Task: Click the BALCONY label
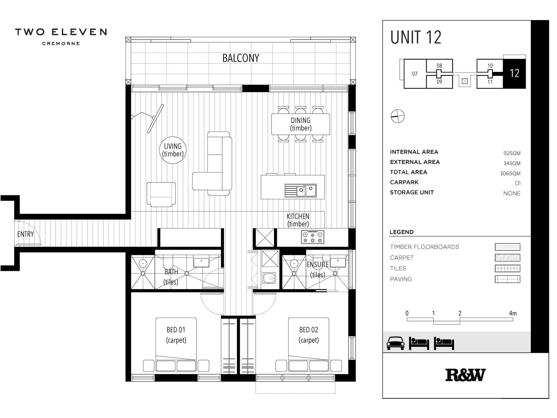241,58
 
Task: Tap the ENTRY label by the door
25,234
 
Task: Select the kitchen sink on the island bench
301,191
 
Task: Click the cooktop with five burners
312,237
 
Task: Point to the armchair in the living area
161,194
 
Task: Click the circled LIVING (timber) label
173,150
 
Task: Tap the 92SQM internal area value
512,153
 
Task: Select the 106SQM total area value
510,173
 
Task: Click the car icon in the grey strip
395,343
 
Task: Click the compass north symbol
397,116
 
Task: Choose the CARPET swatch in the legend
507,257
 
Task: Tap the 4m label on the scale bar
512,313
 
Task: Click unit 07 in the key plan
415,74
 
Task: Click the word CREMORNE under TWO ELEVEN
61,43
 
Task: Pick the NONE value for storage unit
512,193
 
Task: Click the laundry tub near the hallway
269,278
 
